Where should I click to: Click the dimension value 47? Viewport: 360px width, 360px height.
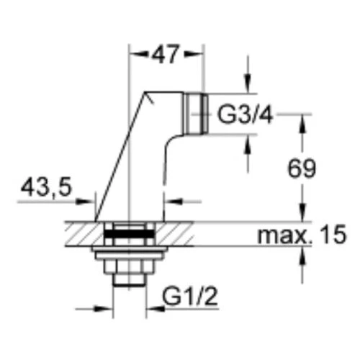pyautogui.click(x=166, y=55)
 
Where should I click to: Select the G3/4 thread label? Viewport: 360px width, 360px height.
pyautogui.click(x=245, y=114)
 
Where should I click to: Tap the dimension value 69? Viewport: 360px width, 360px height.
pyautogui.click(x=302, y=168)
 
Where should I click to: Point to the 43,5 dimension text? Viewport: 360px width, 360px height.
pyautogui.click(x=46, y=187)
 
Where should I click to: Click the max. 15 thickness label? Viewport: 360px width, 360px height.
pyautogui.click(x=302, y=235)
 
